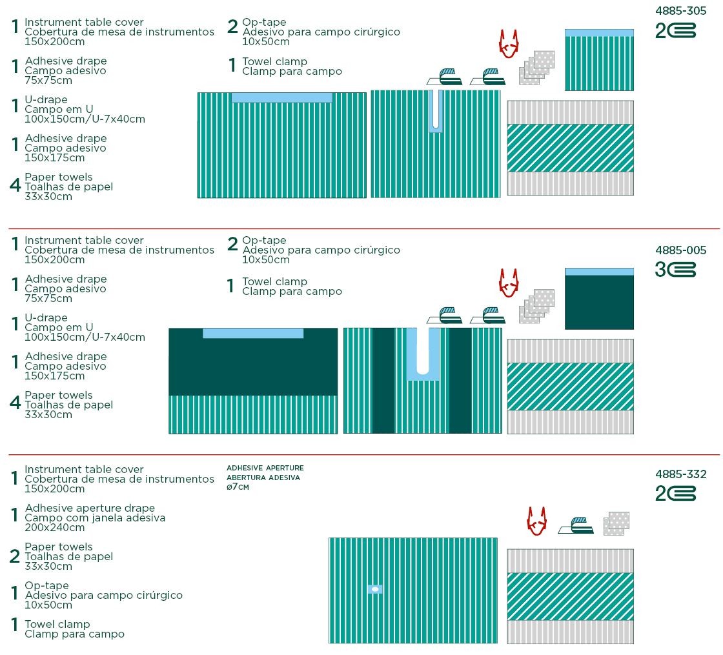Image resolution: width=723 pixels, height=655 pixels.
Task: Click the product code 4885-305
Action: [681, 11]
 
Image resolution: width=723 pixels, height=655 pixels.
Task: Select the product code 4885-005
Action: [681, 250]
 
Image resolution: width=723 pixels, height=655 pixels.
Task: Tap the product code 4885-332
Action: [681, 474]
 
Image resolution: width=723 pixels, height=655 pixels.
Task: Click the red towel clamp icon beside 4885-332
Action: [536, 521]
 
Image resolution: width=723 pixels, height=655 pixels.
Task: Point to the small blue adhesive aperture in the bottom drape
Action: [374, 589]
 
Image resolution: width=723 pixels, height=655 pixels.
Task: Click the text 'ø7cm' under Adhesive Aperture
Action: [238, 487]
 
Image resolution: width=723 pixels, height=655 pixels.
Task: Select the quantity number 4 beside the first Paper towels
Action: [15, 187]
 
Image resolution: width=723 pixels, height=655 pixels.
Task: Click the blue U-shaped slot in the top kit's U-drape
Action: [436, 112]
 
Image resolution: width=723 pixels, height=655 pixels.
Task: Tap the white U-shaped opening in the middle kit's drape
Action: [423, 351]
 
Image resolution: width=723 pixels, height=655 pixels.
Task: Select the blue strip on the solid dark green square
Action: [599, 272]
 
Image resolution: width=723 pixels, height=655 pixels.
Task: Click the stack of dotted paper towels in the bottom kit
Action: [616, 523]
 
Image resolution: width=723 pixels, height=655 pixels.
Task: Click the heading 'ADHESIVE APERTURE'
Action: [265, 468]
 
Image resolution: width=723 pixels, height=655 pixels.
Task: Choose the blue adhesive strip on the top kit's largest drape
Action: [281, 97]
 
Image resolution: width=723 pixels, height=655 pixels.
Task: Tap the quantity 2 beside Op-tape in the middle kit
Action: [233, 245]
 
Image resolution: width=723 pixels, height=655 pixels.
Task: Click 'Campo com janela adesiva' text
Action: [95, 518]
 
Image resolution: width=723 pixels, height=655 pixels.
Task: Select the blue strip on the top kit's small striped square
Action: [599, 33]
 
